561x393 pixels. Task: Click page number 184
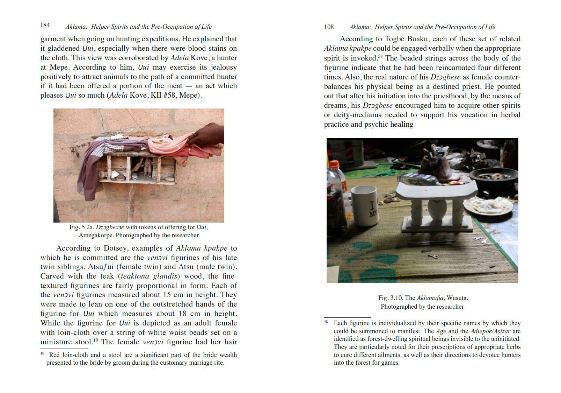click(45, 25)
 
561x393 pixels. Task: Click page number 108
click(329, 27)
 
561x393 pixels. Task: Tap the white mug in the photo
click(365, 205)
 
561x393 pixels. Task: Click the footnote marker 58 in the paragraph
click(380, 56)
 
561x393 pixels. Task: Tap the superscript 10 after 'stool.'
click(96, 340)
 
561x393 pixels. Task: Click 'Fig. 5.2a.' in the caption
click(82, 227)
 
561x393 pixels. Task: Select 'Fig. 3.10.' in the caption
click(391, 298)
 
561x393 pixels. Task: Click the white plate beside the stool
click(488, 206)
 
